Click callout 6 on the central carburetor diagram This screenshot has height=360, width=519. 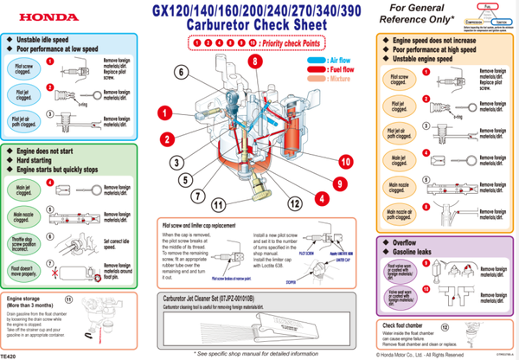(x=180, y=72)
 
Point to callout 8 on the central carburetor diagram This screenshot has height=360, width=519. (x=255, y=62)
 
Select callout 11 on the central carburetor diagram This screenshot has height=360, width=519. (x=218, y=204)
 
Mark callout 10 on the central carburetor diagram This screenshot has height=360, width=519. (x=345, y=161)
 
